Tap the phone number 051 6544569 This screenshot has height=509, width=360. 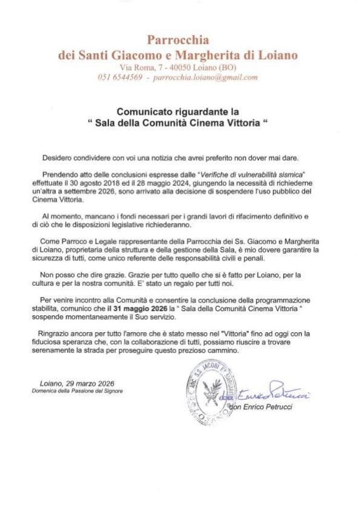click(x=120, y=77)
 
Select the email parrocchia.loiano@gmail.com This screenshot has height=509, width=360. click(x=205, y=77)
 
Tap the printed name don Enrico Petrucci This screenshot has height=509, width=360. click(x=261, y=407)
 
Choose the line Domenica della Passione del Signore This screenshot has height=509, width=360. click(x=77, y=391)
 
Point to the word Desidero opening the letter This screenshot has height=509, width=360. click(x=56, y=157)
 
